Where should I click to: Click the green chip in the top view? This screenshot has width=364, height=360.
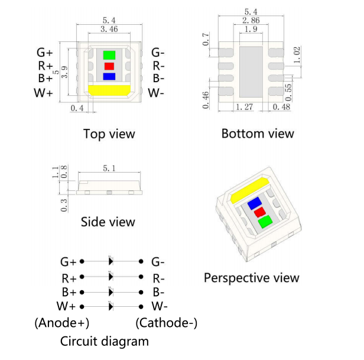109,55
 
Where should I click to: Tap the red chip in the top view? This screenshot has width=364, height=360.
109,66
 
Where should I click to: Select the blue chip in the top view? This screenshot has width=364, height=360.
109,76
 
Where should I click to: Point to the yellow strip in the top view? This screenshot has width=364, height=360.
109,90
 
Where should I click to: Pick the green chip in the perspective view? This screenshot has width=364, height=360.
265,222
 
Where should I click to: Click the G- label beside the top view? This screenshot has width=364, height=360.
158,52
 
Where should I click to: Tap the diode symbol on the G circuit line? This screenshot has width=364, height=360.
110,261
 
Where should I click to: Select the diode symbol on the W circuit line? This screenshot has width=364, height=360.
110,306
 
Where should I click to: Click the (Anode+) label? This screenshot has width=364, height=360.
62,323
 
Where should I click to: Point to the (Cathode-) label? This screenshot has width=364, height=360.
166,323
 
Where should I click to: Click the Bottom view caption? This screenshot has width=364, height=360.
257,134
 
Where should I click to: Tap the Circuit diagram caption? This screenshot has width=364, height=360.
105,342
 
